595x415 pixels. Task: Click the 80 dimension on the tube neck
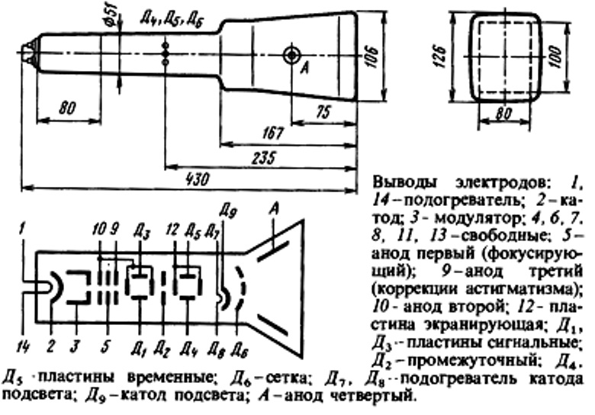coord(69,110)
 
